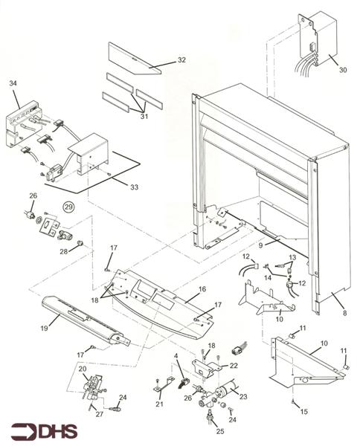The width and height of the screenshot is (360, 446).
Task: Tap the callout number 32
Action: tap(181, 59)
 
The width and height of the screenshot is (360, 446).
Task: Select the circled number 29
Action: tap(68, 207)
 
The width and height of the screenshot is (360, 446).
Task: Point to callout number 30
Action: tap(343, 70)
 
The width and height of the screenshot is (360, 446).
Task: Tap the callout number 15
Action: tap(303, 411)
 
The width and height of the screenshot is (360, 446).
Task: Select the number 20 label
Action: tap(82, 369)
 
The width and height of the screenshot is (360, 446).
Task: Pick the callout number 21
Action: tap(160, 404)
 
